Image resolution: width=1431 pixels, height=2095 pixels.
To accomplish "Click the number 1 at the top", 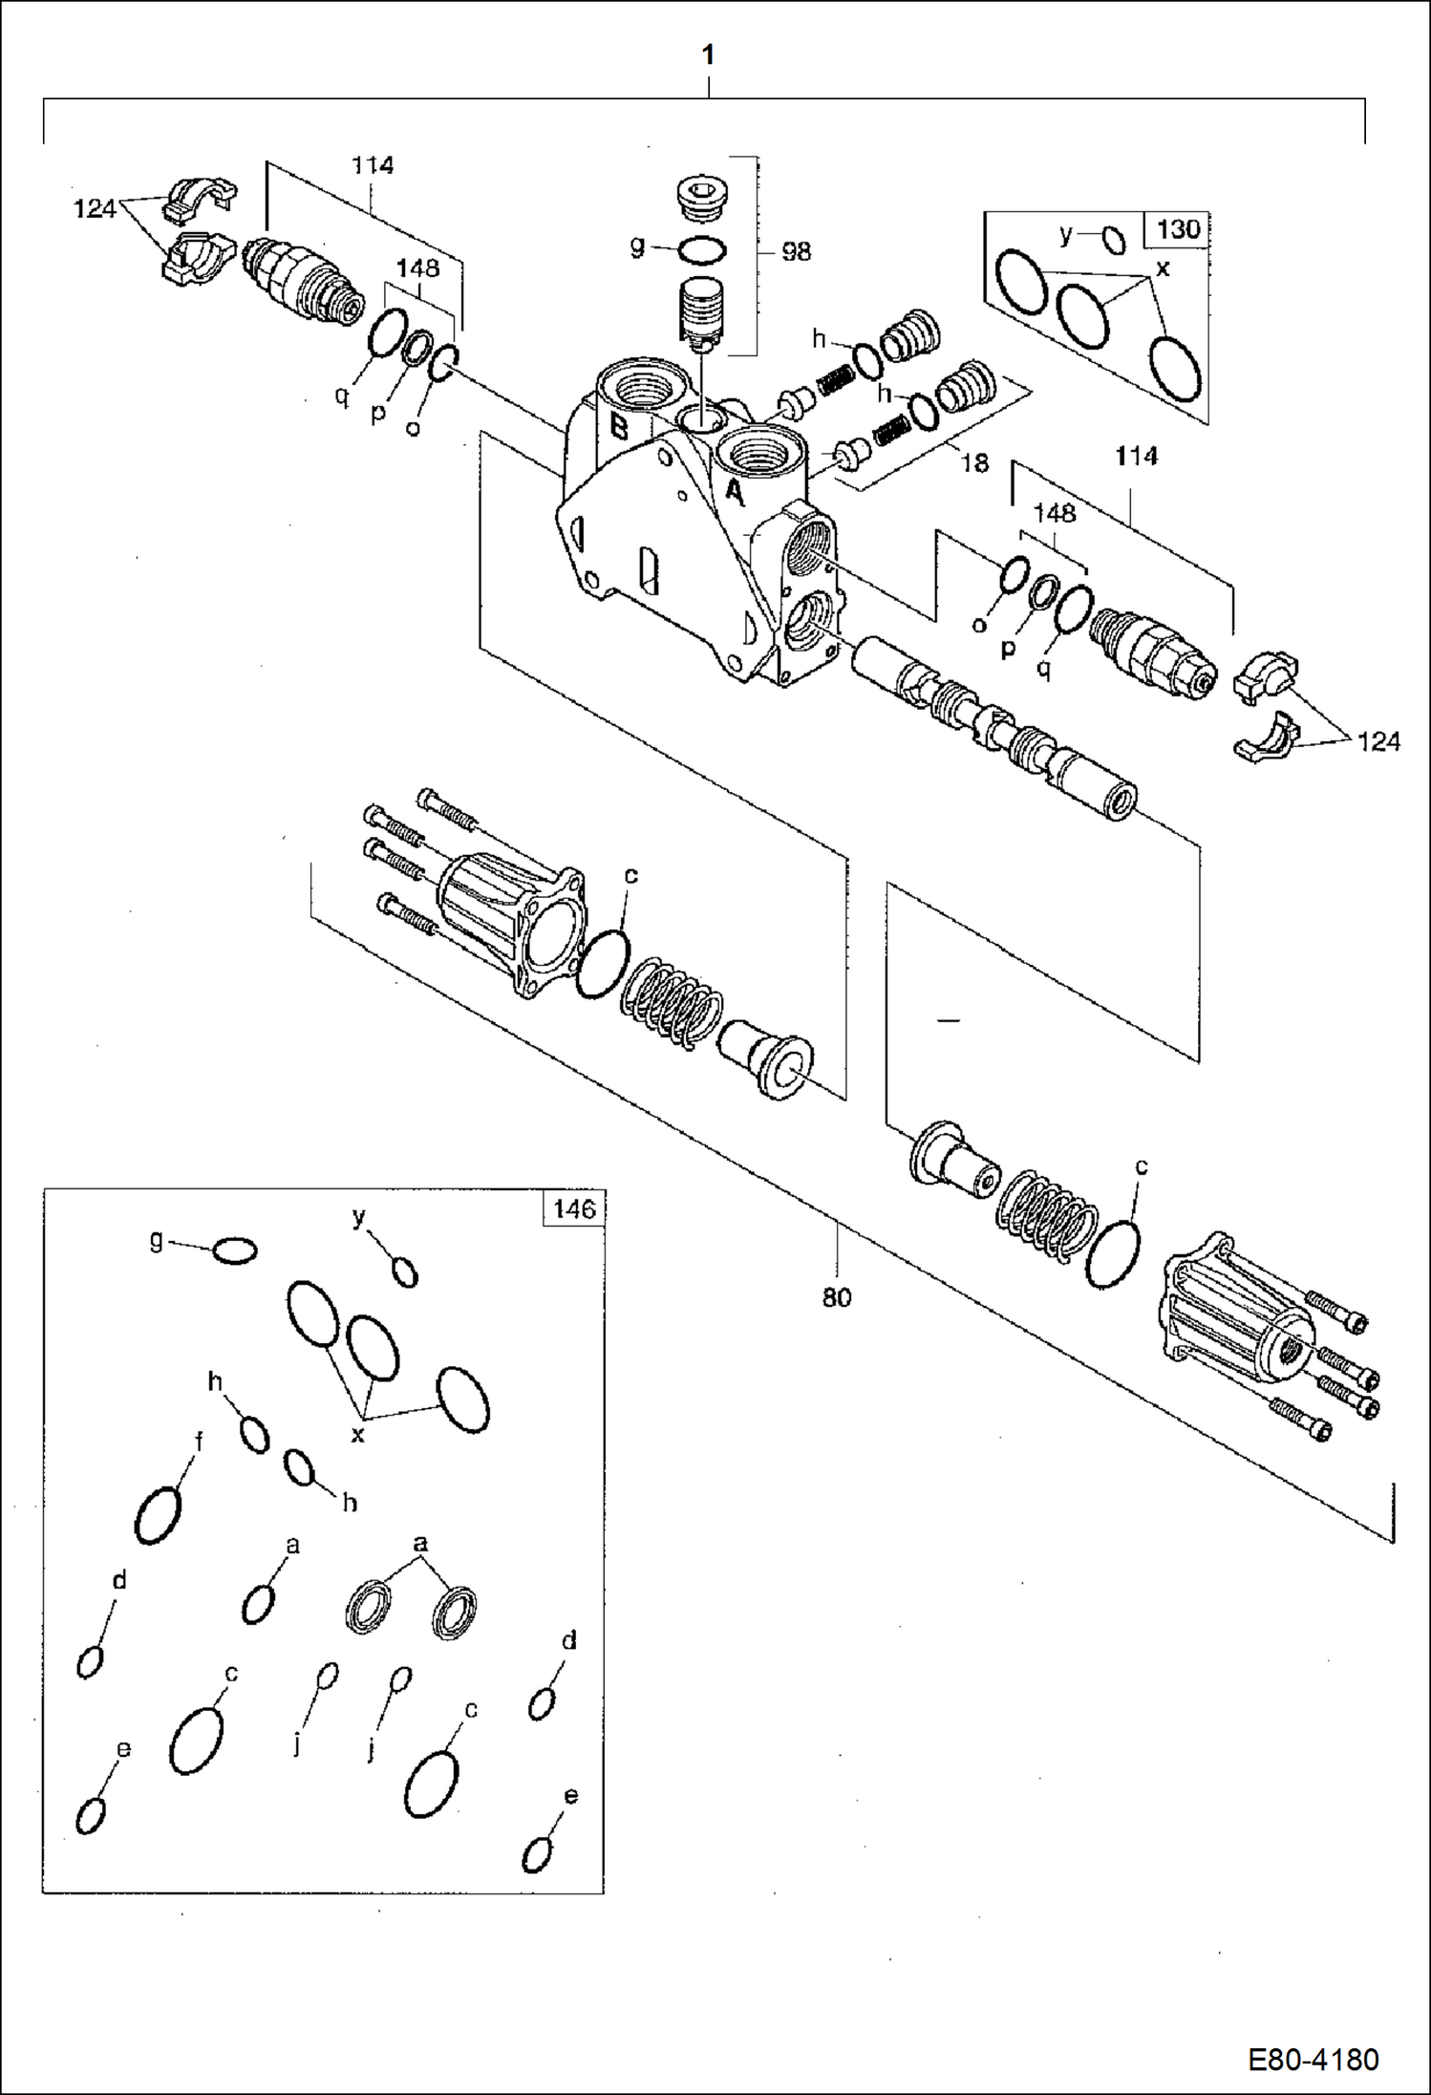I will tap(708, 56).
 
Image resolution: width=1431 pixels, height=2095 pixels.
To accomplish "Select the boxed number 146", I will tap(574, 1208).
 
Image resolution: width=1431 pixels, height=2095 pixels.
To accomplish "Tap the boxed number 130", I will tap(1177, 229).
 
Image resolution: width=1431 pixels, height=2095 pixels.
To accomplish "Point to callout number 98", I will tap(796, 251).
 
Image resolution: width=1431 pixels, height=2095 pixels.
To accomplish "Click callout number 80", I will tap(836, 1297).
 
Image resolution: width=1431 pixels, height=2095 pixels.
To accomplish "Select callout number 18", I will tap(973, 463).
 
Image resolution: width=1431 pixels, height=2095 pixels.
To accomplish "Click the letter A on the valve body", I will tap(734, 492).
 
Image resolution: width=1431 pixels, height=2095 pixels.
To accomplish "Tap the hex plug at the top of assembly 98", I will tap(702, 198).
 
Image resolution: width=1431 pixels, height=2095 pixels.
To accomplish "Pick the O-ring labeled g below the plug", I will tap(702, 251).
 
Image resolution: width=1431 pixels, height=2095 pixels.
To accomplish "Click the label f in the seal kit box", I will tap(199, 1441).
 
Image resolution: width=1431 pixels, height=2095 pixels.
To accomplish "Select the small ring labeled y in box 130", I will tap(1114, 240).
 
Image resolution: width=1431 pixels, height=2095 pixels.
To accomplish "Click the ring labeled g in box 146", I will tap(234, 1251).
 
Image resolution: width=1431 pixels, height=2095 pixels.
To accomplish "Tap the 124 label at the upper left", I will tap(95, 208).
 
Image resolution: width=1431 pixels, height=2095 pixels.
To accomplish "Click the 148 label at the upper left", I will tap(417, 268).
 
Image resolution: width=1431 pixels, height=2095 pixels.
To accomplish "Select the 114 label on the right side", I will tap(1136, 457).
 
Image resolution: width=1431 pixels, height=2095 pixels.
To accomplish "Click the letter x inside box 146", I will tap(357, 1434).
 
